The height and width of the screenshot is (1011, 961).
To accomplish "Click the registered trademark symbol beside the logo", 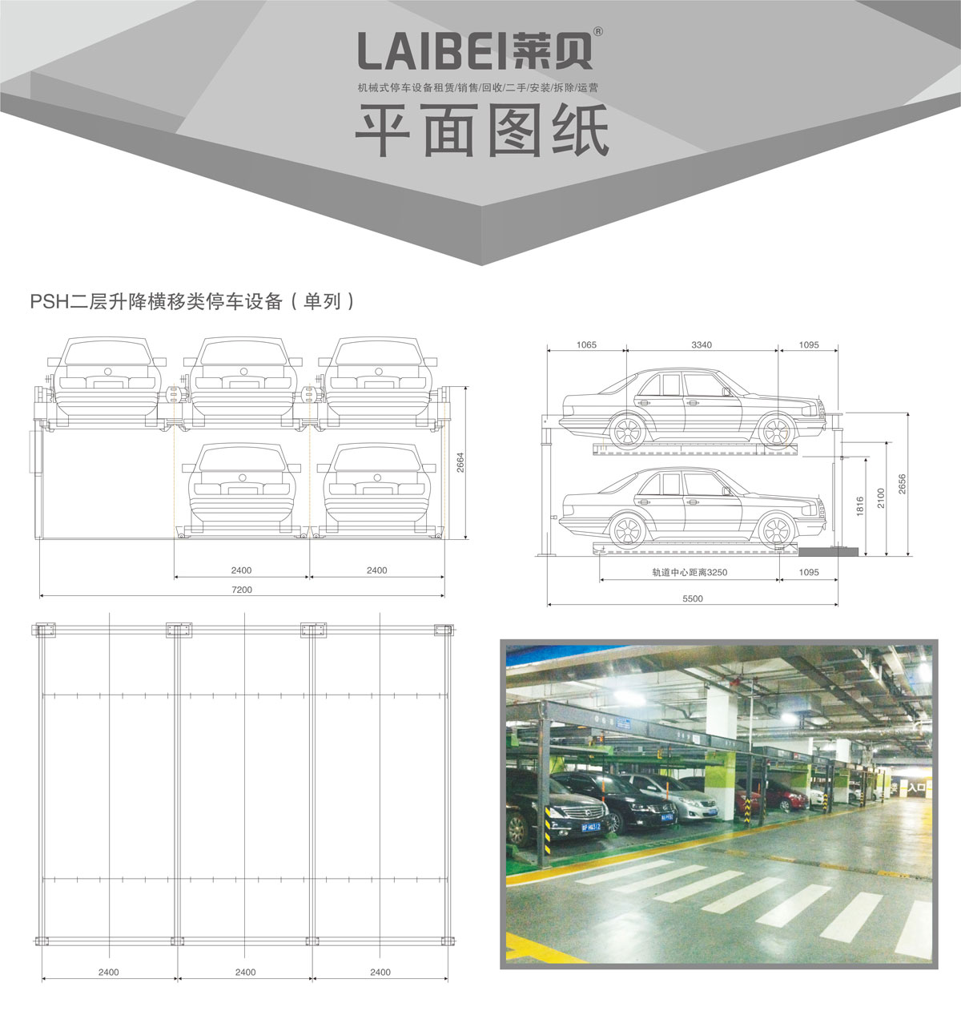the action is click(x=598, y=31).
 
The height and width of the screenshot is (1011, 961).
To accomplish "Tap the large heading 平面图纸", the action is click(x=481, y=130).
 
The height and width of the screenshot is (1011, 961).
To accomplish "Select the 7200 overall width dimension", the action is click(x=242, y=590).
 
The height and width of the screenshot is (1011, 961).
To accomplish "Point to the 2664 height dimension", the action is click(x=460, y=462).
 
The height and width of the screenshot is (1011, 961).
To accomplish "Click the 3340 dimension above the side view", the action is click(x=702, y=345).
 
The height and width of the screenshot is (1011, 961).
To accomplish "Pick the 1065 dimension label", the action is click(x=586, y=345).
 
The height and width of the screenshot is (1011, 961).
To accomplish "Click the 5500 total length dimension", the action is click(x=693, y=598).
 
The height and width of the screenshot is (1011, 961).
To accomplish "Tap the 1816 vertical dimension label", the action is click(x=860, y=506).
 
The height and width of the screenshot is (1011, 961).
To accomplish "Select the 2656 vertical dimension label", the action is click(x=902, y=483).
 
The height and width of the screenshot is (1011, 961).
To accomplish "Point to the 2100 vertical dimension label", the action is click(x=881, y=497).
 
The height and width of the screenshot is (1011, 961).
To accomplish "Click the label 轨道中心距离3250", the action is click(x=690, y=572).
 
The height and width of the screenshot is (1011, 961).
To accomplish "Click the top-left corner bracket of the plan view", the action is click(x=45, y=630).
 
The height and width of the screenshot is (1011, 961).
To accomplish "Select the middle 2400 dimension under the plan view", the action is click(x=245, y=972).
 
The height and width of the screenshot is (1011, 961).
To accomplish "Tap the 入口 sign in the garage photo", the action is click(x=916, y=787).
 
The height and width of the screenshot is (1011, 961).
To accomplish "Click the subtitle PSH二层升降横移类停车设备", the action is click(x=156, y=301).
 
